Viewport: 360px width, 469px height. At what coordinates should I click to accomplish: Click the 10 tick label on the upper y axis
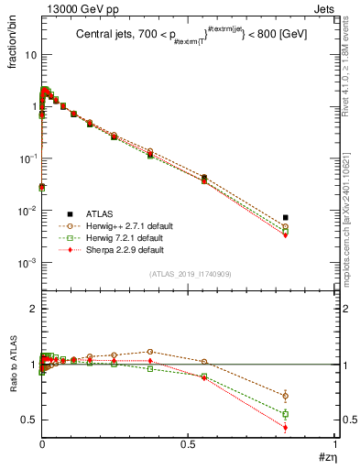tap(30, 55)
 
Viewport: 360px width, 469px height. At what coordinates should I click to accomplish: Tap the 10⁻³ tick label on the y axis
tap(27, 263)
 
